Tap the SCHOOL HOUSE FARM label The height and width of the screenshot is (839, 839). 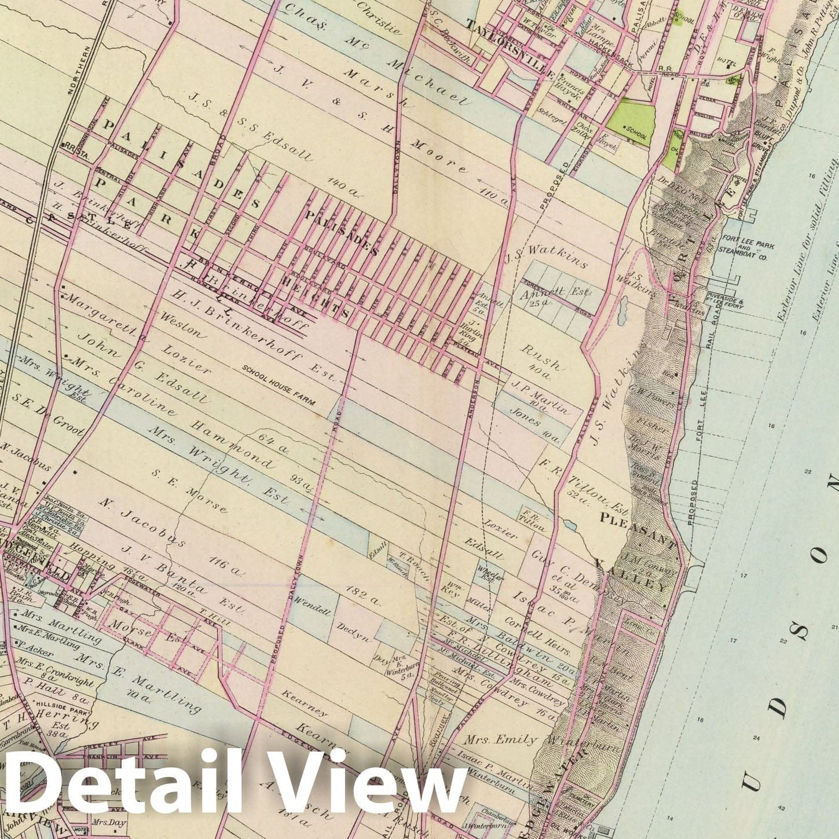(x=279, y=384)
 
